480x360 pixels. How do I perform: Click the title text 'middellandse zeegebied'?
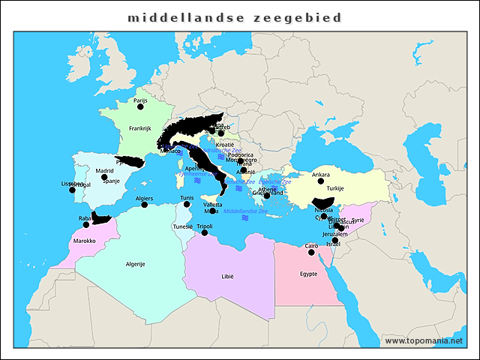pyautogui.click(x=234, y=17)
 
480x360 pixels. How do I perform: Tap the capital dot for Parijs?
pyautogui.click(x=139, y=106)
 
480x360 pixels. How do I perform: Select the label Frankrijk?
pyautogui.click(x=139, y=128)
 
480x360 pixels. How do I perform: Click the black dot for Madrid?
pyautogui.click(x=104, y=178)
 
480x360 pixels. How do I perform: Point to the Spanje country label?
pyautogui.click(x=111, y=181)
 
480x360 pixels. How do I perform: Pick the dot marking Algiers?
pyautogui.click(x=144, y=205)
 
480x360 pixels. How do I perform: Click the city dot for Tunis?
pyautogui.click(x=187, y=204)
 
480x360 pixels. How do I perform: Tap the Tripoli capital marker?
pyautogui.click(x=205, y=232)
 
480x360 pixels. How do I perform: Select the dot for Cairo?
pyautogui.click(x=311, y=252)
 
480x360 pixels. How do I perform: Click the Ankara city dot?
pyautogui.click(x=321, y=181)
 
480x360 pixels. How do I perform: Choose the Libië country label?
pyautogui.click(x=227, y=276)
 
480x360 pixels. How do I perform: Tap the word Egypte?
pyautogui.click(x=308, y=274)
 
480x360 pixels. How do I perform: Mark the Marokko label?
pyautogui.click(x=85, y=241)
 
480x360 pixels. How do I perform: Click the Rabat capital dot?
pyautogui.click(x=86, y=224)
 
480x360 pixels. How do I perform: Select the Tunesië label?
pyautogui.click(x=183, y=226)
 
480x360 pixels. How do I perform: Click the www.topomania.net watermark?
pyautogui.click(x=424, y=340)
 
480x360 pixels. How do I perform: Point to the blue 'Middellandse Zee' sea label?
pyautogui.click(x=246, y=211)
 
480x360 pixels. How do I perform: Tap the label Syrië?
pyautogui.click(x=358, y=220)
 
